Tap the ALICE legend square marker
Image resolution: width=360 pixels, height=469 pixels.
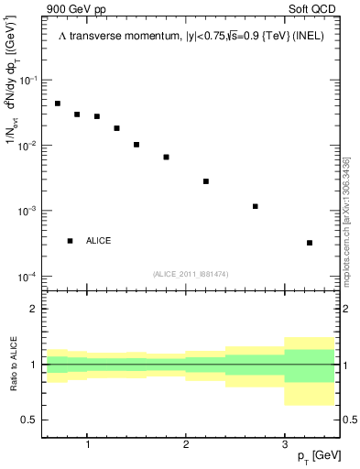click(70, 241)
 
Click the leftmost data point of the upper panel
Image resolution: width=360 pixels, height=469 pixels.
click(58, 104)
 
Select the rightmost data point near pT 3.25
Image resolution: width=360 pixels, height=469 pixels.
click(310, 243)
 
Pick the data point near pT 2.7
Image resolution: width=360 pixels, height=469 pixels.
click(256, 206)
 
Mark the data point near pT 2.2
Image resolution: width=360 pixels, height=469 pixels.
click(206, 181)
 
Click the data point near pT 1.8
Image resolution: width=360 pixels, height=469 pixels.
click(166, 157)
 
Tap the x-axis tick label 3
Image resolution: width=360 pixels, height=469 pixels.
click(284, 445)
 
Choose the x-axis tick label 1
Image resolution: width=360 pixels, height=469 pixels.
click(87, 445)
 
